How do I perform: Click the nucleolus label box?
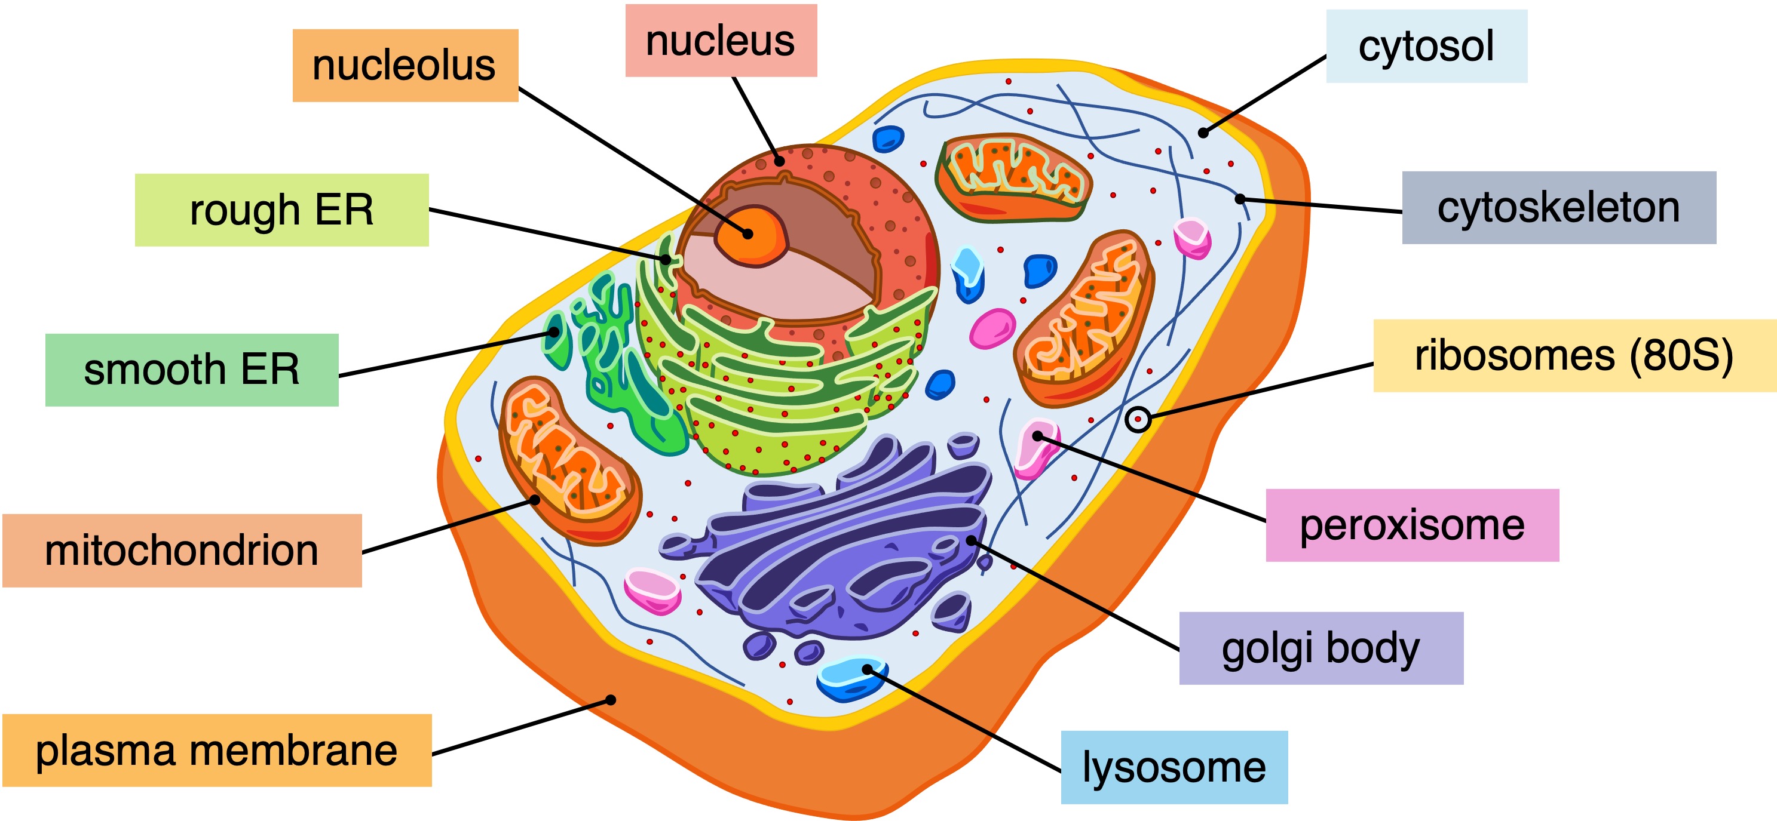(405, 66)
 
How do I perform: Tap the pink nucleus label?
(721, 41)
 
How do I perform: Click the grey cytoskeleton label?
(1558, 208)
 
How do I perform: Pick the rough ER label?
(281, 210)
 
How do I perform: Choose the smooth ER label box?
(192, 370)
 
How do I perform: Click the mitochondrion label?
(182, 550)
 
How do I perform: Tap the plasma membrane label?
(217, 750)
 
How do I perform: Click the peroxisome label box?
(1411, 525)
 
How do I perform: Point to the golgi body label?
(1321, 648)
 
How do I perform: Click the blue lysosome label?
(1174, 767)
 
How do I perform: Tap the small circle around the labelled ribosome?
(1138, 419)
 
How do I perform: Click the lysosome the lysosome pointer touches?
(851, 678)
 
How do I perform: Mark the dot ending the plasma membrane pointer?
(611, 700)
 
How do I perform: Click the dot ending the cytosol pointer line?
(1203, 133)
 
